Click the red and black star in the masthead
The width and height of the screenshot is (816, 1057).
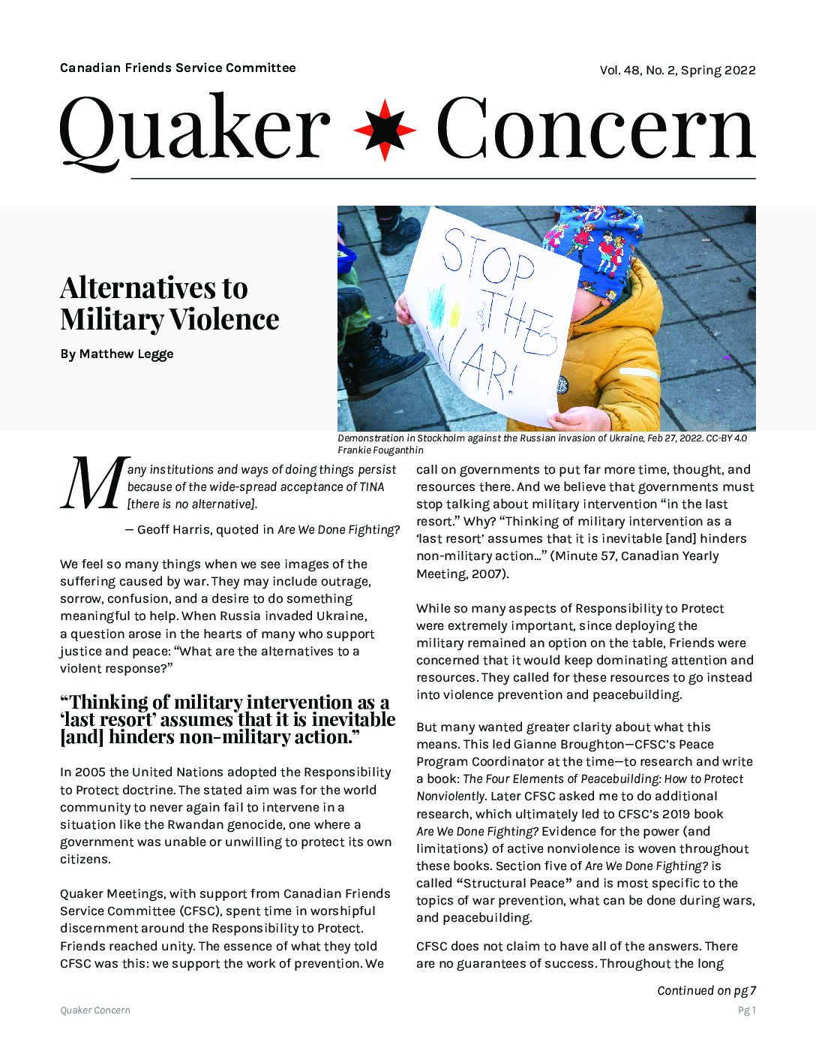point(384,130)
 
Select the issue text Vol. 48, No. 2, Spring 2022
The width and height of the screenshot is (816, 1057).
point(677,71)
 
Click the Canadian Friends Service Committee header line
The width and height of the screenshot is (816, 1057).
point(178,68)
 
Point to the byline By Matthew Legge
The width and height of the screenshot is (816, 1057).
point(116,354)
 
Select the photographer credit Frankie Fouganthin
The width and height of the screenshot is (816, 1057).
point(380,450)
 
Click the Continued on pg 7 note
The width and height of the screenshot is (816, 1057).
point(706,990)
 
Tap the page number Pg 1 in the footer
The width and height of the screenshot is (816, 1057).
point(747,1010)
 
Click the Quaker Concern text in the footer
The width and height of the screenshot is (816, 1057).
point(95,1010)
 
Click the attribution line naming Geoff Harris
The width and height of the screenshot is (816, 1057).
point(262,529)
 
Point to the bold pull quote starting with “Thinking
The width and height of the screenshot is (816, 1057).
point(227,719)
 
